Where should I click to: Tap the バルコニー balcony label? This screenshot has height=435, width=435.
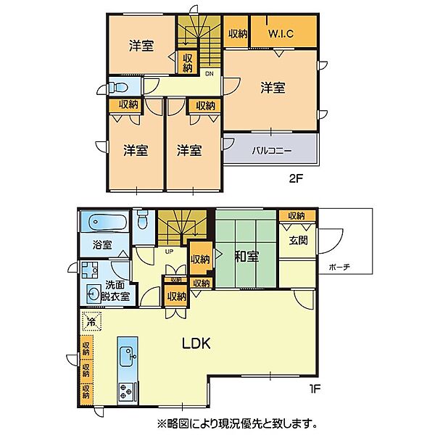pos(271,152)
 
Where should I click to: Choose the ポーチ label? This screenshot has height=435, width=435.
pos(338,267)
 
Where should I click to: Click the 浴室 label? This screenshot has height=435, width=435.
pos(102,245)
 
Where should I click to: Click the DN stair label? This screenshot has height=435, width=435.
pos(209,72)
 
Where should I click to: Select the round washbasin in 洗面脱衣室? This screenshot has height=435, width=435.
pos(93,294)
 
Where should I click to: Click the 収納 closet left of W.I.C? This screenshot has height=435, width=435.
pos(238,33)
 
